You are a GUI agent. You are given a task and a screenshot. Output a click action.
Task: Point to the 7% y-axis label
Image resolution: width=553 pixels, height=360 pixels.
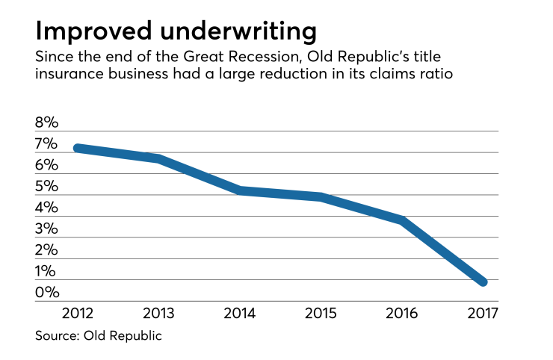click(x=48, y=144)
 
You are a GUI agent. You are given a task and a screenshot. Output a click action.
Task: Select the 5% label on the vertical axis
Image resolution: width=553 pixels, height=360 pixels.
click(x=48, y=187)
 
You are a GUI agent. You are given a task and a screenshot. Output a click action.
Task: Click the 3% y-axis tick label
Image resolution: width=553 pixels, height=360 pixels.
click(x=48, y=229)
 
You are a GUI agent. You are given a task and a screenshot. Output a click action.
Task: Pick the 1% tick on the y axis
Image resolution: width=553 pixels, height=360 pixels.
click(x=48, y=271)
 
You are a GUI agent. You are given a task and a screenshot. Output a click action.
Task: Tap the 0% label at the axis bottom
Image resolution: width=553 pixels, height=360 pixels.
click(x=48, y=293)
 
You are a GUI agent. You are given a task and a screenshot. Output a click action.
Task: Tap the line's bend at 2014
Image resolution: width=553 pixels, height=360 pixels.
click(x=240, y=190)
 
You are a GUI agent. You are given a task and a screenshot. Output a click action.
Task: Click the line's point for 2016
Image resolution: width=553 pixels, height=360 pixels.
click(x=402, y=221)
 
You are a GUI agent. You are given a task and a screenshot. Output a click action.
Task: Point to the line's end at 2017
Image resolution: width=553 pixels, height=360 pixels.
click(x=483, y=282)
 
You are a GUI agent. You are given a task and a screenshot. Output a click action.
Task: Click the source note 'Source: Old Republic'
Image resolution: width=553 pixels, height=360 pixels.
click(x=98, y=336)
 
